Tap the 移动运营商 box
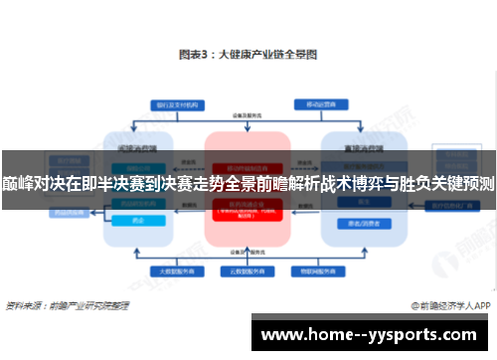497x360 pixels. tap(330, 103)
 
